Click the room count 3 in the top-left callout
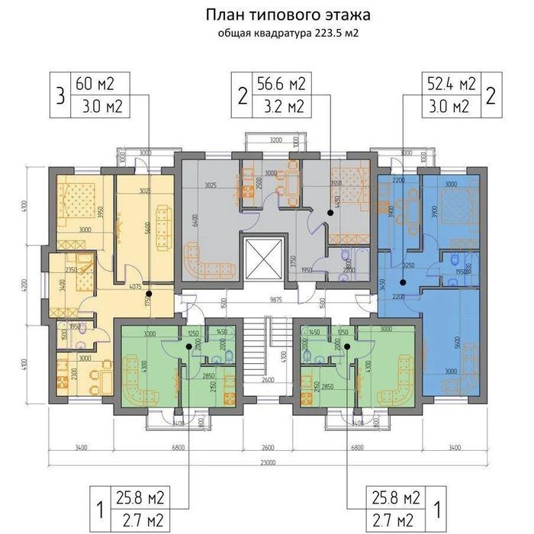coord(58,96)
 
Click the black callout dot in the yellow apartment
coord(148,293)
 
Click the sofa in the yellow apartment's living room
coord(162,226)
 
